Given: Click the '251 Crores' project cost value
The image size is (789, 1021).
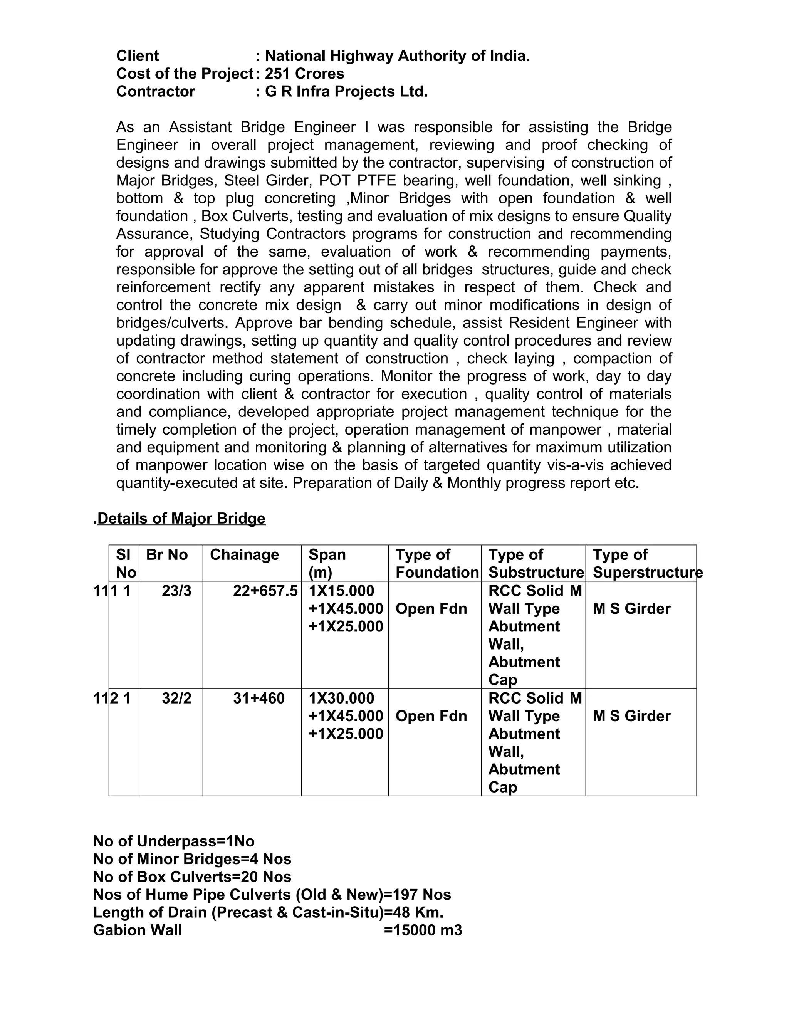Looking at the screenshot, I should (304, 74).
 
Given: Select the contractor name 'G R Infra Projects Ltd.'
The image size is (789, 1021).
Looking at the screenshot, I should (346, 92).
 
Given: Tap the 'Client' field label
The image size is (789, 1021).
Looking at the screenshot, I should (138, 56).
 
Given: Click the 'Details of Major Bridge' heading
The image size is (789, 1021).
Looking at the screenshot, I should (181, 519).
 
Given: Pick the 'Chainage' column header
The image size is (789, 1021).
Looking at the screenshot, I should (244, 555).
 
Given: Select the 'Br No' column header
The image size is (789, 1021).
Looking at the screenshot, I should (167, 555).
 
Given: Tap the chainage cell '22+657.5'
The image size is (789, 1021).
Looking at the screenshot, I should (265, 591).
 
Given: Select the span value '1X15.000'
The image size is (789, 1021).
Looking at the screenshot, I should (341, 591).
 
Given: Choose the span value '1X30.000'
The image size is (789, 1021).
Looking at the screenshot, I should (341, 699).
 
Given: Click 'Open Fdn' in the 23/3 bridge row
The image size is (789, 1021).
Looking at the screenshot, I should (431, 609).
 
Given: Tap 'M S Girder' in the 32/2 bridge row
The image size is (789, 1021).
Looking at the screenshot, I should (631, 716).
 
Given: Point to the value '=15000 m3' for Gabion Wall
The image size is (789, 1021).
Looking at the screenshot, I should (423, 930).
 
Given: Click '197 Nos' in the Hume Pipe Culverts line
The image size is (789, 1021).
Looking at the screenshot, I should (421, 895).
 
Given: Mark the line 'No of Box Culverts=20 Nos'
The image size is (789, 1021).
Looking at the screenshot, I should (192, 877).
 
